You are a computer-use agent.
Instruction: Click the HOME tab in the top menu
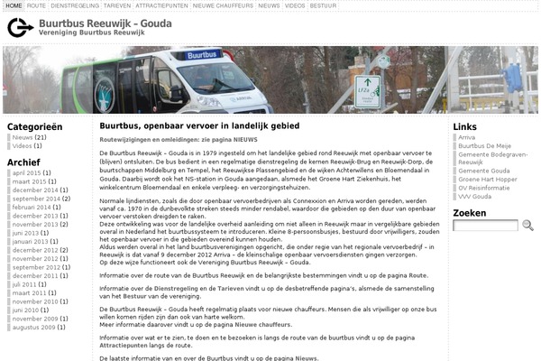coord(14,5)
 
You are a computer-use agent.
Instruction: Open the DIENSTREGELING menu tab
coord(74,5)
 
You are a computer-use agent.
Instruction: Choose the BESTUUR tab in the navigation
coord(324,5)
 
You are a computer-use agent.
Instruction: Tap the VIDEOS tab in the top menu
coord(295,5)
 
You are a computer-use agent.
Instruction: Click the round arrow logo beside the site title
coord(20,27)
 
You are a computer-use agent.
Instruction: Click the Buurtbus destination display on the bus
coord(203,55)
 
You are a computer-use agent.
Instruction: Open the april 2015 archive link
coord(27,172)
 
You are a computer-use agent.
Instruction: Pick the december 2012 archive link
coord(34,250)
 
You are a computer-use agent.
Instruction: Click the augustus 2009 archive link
coord(35,328)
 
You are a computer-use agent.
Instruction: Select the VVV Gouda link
coord(474,196)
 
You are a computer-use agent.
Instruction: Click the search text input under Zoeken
coord(484,226)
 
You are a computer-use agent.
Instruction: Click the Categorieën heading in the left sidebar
coord(35,126)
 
